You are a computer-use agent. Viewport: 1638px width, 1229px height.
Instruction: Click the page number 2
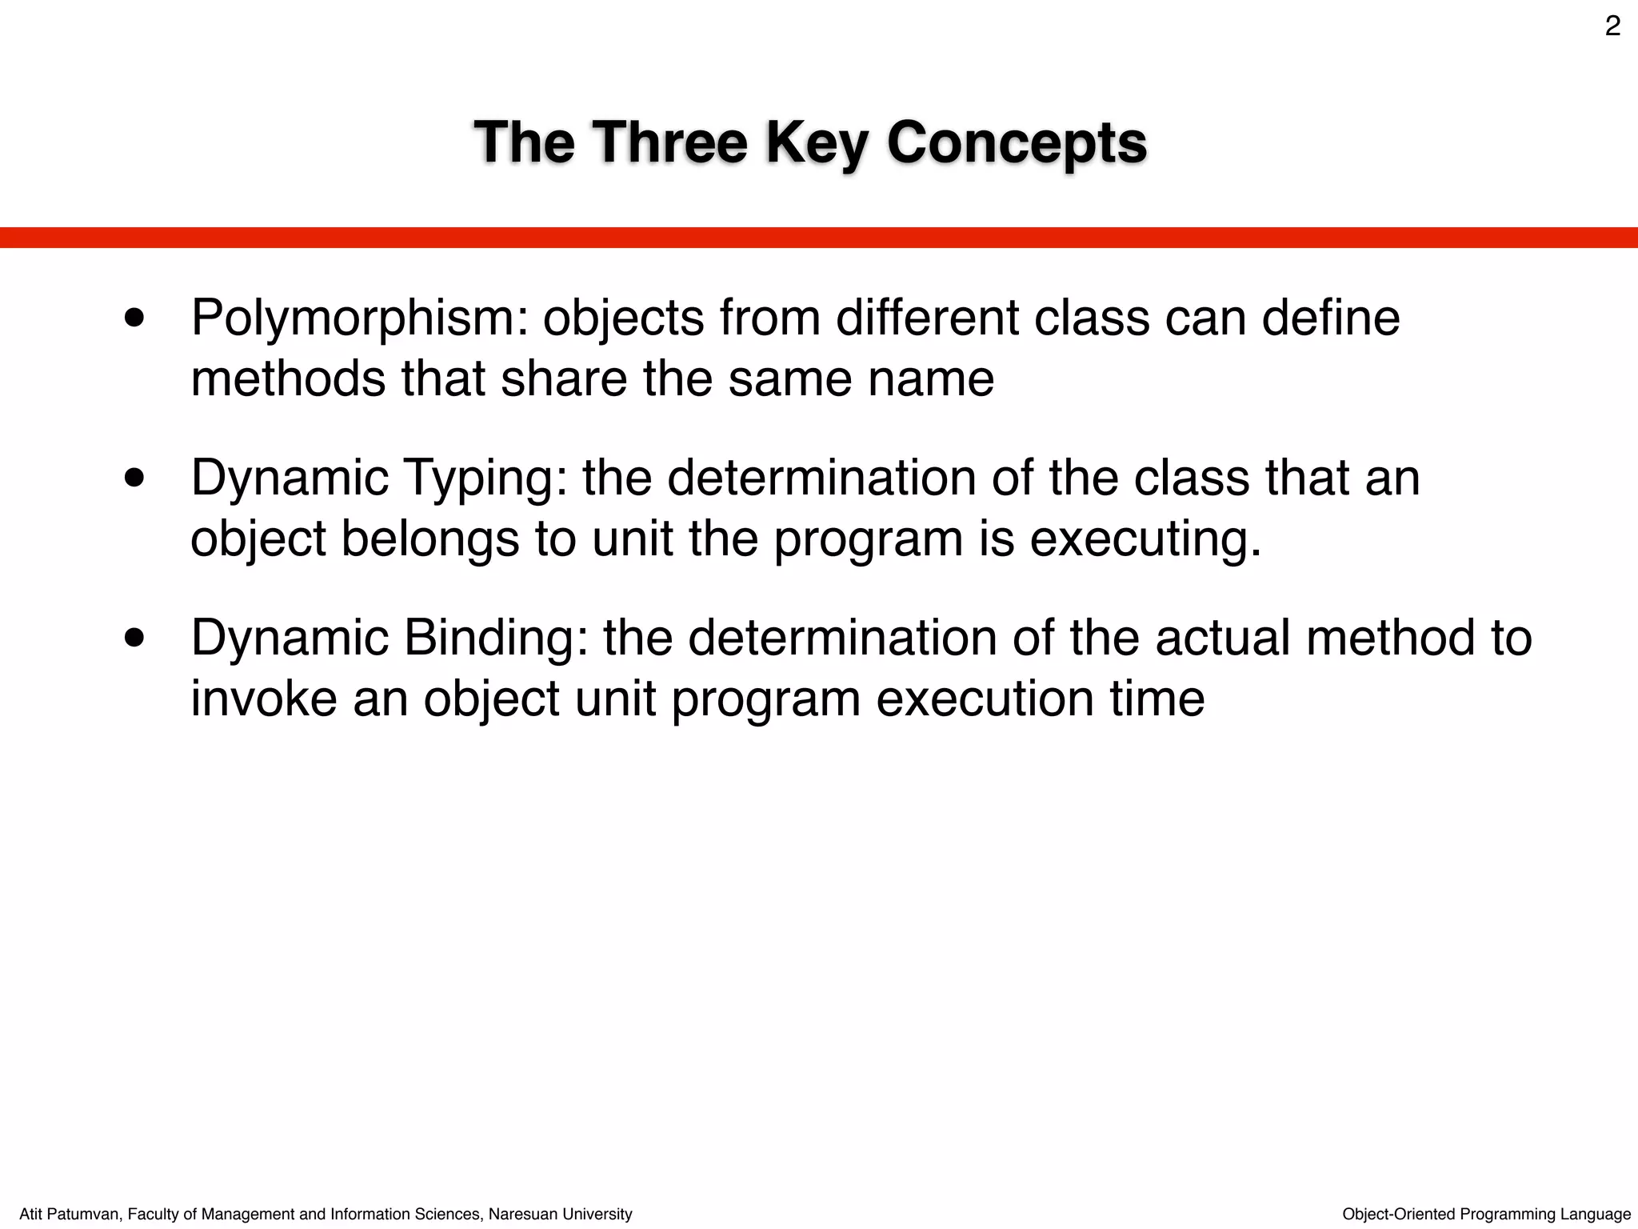pyautogui.click(x=1612, y=27)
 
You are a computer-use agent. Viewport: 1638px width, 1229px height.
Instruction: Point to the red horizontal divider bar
pyautogui.click(x=819, y=238)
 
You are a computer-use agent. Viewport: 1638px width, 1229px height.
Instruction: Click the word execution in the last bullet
pyautogui.click(x=985, y=698)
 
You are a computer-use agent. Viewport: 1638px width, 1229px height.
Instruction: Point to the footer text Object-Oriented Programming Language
pyautogui.click(x=1486, y=1214)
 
